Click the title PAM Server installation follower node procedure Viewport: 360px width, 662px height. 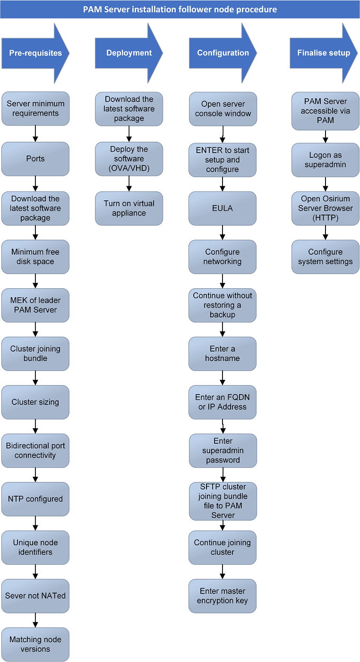click(180, 9)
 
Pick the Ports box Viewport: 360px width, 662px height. click(35, 159)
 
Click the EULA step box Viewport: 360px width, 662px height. click(223, 208)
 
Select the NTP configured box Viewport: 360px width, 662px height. click(35, 499)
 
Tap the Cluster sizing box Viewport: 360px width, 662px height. click(35, 402)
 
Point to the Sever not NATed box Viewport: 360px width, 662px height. click(35, 596)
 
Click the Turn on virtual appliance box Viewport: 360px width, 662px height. click(129, 208)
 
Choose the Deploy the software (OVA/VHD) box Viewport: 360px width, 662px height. click(129, 159)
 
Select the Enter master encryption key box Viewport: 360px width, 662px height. click(223, 596)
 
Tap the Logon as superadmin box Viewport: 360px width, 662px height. click(326, 160)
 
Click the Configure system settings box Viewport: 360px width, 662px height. click(326, 257)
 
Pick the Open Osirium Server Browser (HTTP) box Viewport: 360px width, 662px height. click(326, 208)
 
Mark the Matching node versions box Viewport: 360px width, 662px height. click(35, 645)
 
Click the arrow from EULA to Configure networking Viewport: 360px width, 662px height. click(223, 232)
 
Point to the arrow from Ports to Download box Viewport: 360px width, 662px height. click(35, 184)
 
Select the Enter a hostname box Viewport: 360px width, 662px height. click(223, 353)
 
